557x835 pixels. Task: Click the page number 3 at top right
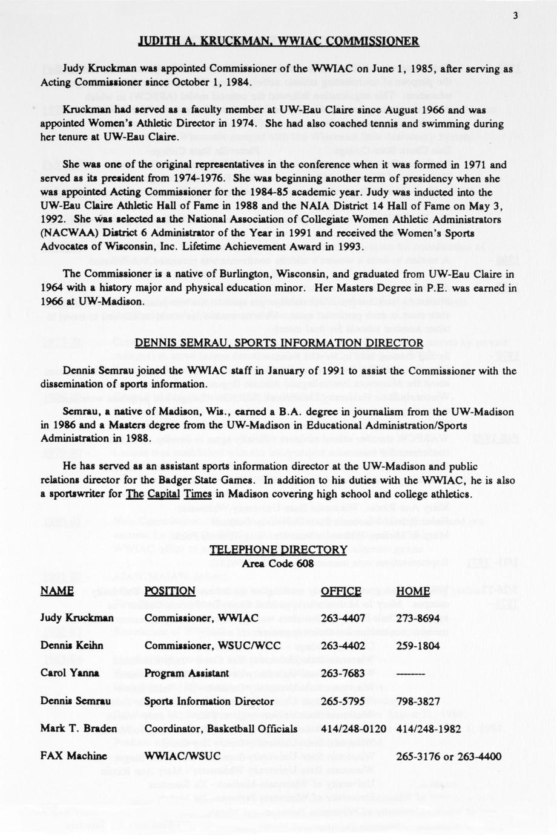tap(515, 16)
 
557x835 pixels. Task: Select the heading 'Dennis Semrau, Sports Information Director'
tap(278, 343)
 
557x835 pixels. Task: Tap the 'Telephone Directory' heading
tap(278, 549)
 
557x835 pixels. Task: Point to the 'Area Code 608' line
tap(278, 564)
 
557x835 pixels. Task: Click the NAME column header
tap(57, 591)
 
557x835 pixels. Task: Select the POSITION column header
tap(170, 591)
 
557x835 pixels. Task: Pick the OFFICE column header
tap(341, 591)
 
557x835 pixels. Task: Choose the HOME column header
tap(413, 591)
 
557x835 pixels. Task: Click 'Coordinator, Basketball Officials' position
tap(221, 729)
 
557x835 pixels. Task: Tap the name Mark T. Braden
tap(78, 729)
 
